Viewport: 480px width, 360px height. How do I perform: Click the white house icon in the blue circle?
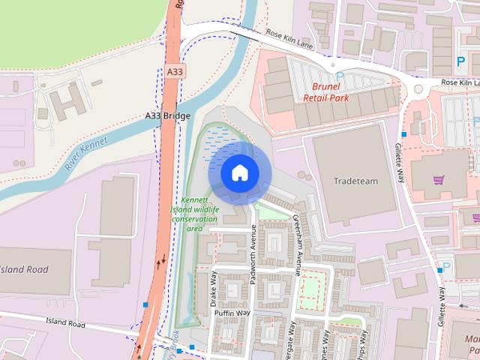coord(239,172)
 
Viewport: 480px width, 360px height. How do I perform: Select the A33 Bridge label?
coord(168,116)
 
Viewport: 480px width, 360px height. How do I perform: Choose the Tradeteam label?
coord(355,181)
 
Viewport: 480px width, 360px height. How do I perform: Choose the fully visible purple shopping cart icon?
coord(439,180)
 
